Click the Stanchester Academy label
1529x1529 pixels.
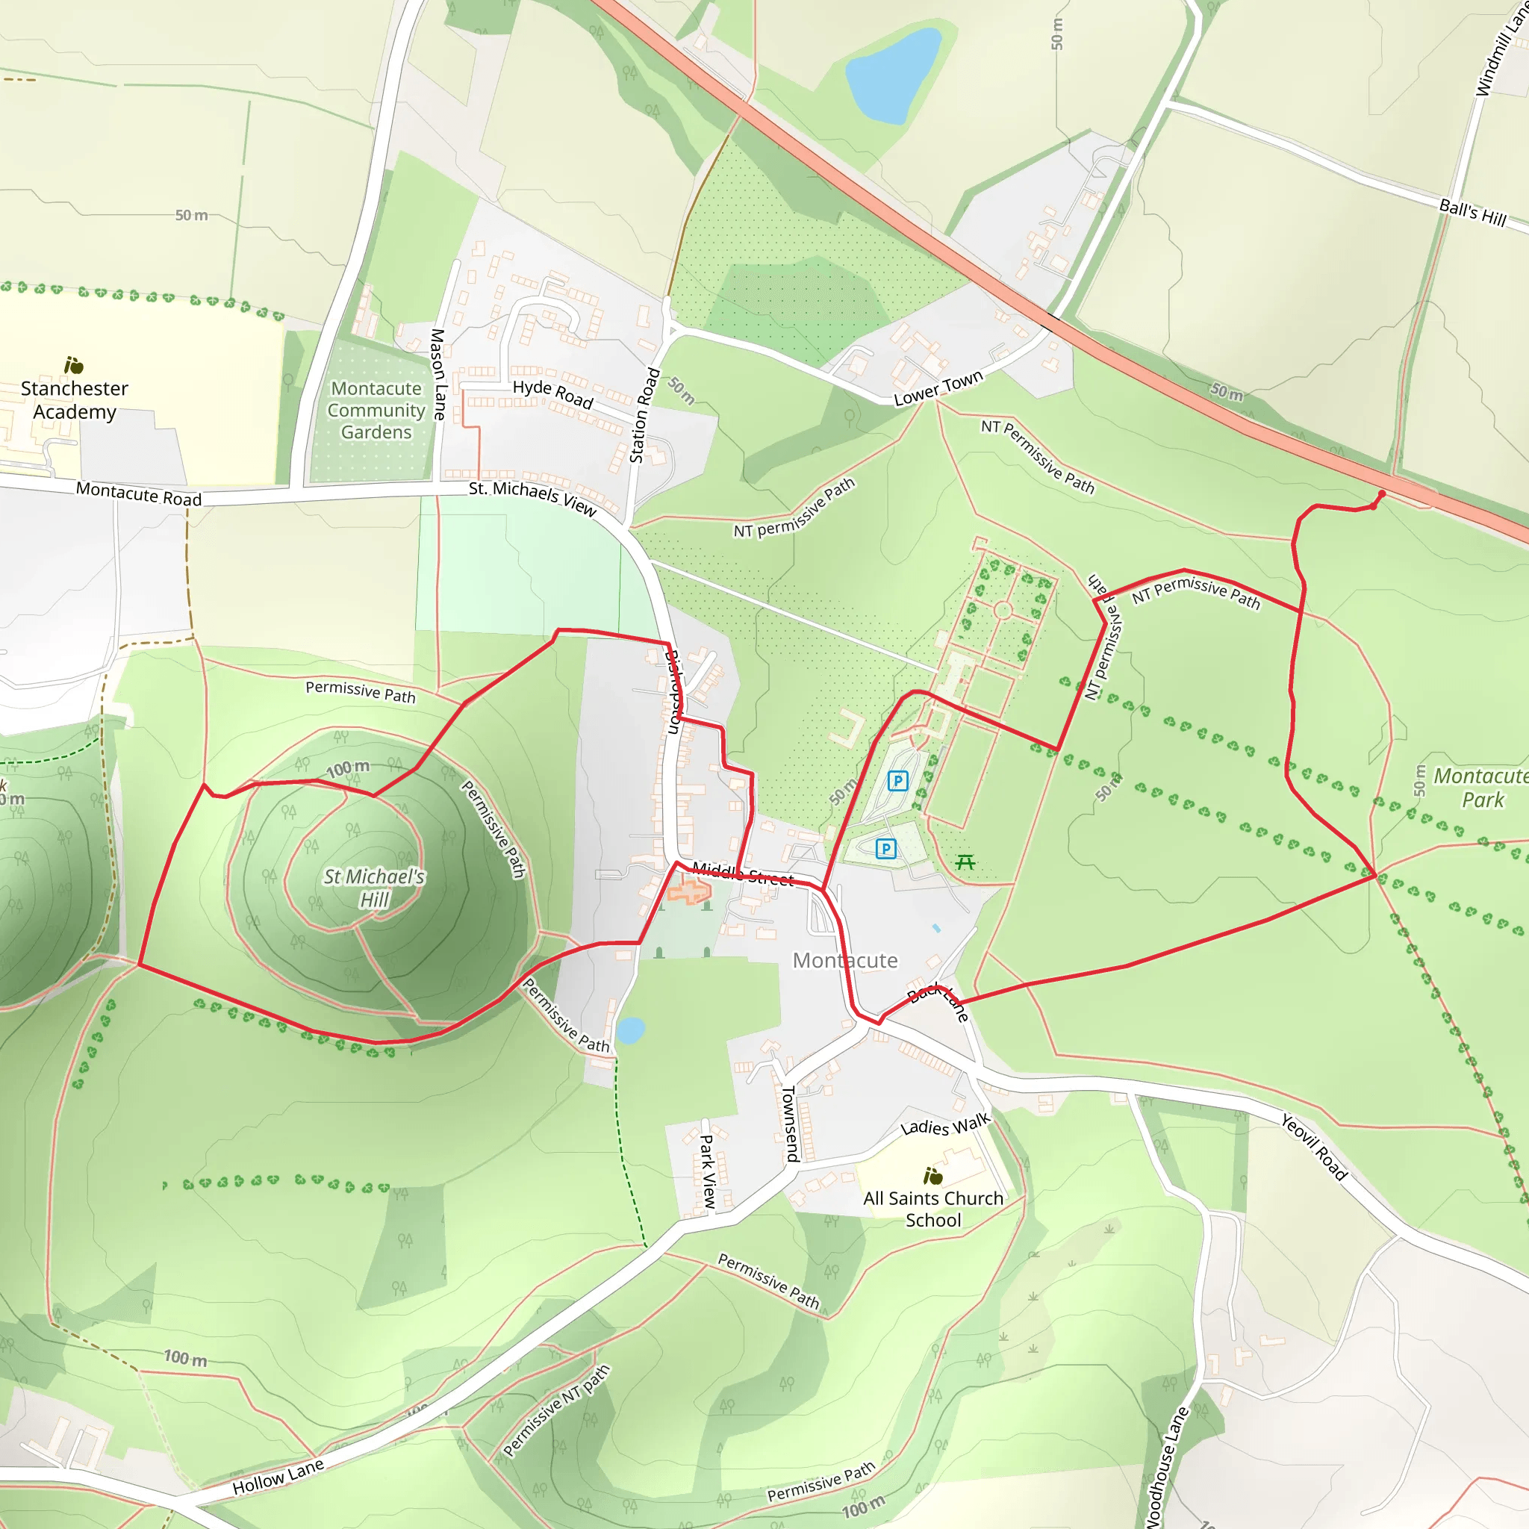coord(75,399)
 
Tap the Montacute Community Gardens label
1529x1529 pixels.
coord(377,410)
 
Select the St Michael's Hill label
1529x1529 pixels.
coord(374,887)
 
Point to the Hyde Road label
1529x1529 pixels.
coord(552,393)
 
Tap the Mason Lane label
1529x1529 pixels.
coord(437,373)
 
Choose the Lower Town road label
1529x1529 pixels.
coord(938,387)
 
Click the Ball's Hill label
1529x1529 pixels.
coord(1472,212)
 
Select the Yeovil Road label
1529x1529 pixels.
coord(1314,1147)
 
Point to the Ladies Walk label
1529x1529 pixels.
coord(946,1123)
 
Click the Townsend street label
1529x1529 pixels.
coord(790,1123)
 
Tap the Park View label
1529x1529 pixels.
coord(708,1171)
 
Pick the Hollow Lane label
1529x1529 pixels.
coord(278,1477)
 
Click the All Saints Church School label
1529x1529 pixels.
coord(933,1209)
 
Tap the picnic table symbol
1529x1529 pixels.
coord(965,862)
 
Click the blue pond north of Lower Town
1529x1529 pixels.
coord(892,76)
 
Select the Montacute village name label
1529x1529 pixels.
coord(845,960)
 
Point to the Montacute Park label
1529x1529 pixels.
coord(1480,788)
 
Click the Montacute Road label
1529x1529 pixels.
coord(139,493)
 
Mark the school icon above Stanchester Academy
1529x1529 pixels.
coord(74,365)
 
